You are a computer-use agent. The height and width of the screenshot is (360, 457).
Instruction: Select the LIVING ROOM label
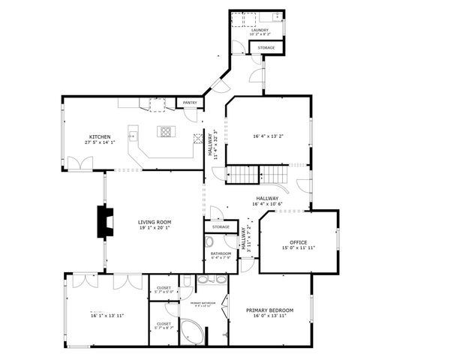155,222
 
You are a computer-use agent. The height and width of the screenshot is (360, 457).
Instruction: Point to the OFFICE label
299,242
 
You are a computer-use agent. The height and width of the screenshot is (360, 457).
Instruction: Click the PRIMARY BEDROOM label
270,310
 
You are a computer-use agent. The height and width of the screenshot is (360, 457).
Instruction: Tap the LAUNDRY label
260,30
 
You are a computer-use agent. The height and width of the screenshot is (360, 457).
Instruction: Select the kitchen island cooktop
164,132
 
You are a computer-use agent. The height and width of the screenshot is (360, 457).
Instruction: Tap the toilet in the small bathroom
210,242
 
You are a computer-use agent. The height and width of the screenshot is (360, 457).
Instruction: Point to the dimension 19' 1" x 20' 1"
155,228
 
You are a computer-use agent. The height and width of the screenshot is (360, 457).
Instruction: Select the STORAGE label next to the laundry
266,48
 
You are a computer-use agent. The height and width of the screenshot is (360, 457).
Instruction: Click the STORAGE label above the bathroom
221,226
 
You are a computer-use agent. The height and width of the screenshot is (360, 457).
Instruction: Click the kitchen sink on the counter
131,136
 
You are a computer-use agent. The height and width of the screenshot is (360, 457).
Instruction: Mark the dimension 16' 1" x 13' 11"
105,316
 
